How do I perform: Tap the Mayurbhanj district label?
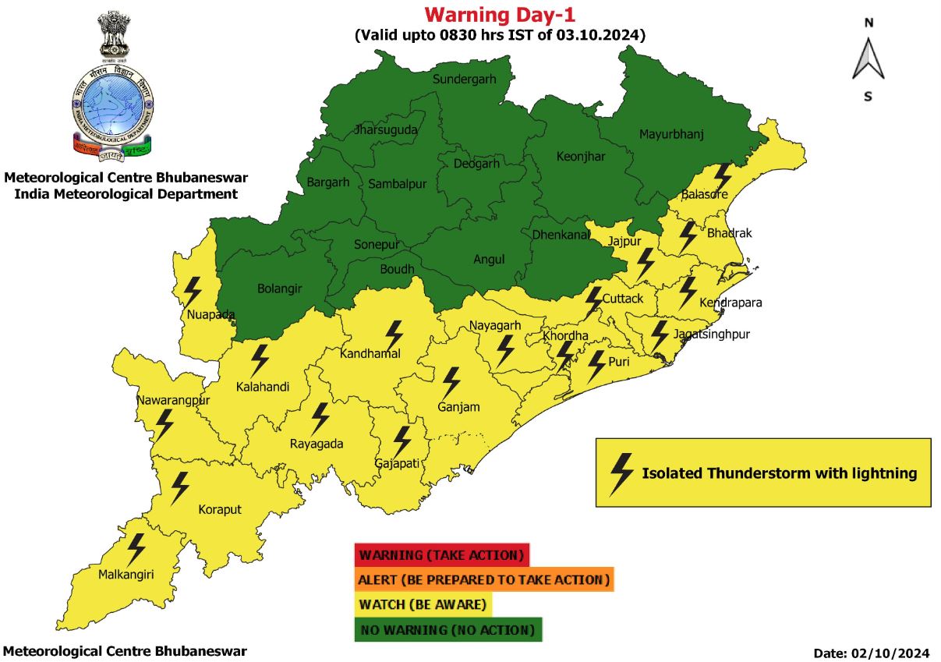pyautogui.click(x=671, y=134)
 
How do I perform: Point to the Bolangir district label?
pyautogui.click(x=279, y=289)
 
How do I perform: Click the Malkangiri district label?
pyautogui.click(x=126, y=575)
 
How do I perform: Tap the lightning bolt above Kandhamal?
pyautogui.click(x=394, y=335)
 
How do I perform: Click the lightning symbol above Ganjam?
pyautogui.click(x=451, y=383)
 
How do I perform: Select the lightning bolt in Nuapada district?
pyautogui.click(x=191, y=292)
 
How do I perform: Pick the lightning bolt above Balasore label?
pyautogui.click(x=723, y=176)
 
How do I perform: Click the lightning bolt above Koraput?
pyautogui.click(x=180, y=487)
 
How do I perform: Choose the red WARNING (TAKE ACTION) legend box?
pyautogui.click(x=441, y=555)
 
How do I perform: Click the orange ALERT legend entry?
pyautogui.click(x=483, y=579)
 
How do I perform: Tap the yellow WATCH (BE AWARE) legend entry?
pyautogui.click(x=423, y=604)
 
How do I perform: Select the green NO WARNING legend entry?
pyautogui.click(x=448, y=629)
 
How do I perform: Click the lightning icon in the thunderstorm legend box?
pyautogui.click(x=621, y=473)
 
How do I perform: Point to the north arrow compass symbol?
pyautogui.click(x=868, y=59)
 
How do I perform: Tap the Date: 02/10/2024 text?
pyautogui.click(x=872, y=653)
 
